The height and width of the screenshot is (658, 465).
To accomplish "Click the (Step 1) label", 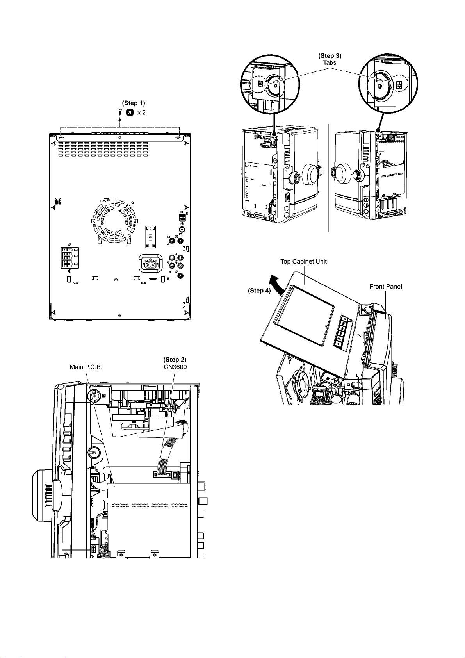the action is (134, 103).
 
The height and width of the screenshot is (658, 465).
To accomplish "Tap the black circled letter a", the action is (130, 112).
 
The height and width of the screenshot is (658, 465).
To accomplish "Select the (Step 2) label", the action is (175, 360).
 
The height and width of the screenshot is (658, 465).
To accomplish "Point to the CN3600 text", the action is (175, 367).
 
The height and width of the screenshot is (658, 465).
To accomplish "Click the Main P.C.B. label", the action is (86, 367).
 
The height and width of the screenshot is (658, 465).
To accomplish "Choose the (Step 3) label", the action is (330, 56).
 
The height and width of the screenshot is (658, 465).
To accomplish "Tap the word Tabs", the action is (330, 62).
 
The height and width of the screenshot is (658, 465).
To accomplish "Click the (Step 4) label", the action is (259, 291).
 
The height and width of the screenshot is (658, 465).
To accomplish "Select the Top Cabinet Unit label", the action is (303, 261).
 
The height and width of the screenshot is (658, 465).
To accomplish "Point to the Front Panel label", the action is (386, 286).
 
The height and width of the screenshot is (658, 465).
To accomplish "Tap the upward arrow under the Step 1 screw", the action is (119, 122).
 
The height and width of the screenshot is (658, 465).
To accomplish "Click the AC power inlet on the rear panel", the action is (150, 264).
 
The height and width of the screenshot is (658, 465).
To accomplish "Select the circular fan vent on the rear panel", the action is (114, 221).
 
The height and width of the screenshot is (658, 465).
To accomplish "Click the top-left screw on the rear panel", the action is (61, 137).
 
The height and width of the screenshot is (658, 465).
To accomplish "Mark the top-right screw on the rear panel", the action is (179, 137).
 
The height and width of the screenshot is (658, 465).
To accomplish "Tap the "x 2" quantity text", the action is (141, 112).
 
